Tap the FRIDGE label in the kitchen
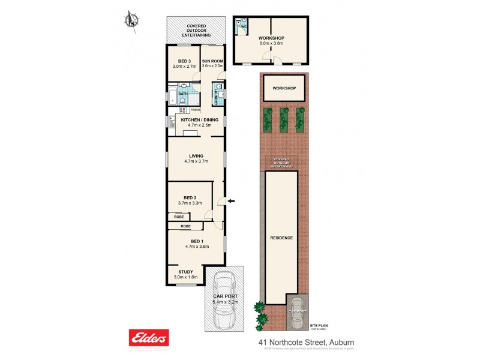[195, 110]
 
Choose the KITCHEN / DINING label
[196, 120]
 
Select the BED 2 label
[190, 197]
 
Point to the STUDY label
[186, 272]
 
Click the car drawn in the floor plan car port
[226, 300]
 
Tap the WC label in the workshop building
[245, 27]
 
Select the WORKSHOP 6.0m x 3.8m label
[271, 41]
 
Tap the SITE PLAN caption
[318, 324]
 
